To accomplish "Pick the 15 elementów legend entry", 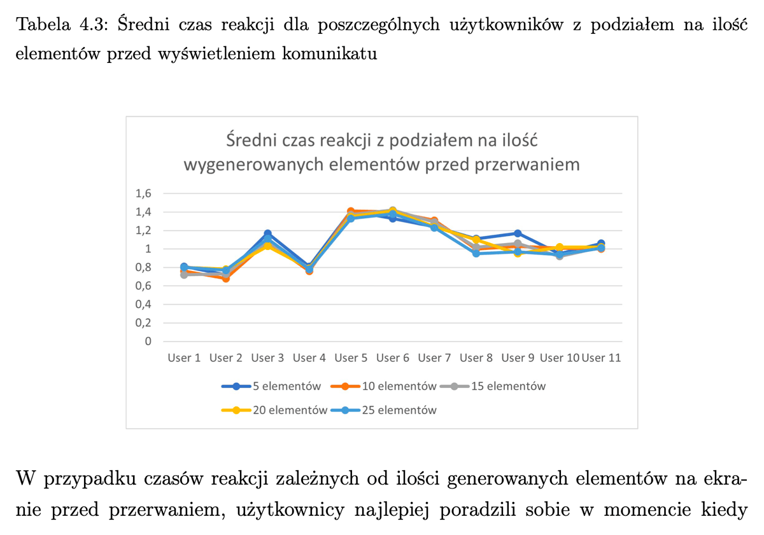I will click(499, 386).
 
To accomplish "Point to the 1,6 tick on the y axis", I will click(144, 193).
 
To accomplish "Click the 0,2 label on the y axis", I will click(144, 323).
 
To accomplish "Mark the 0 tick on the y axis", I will click(148, 341).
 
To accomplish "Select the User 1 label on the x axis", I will click(184, 358).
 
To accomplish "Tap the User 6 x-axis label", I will click(393, 358).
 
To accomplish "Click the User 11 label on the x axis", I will click(602, 358).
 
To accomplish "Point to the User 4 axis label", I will click(309, 358).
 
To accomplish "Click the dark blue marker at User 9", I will click(518, 234).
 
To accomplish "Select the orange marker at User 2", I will click(225, 278).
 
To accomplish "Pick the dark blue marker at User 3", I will click(267, 234).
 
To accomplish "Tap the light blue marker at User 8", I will click(476, 253).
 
